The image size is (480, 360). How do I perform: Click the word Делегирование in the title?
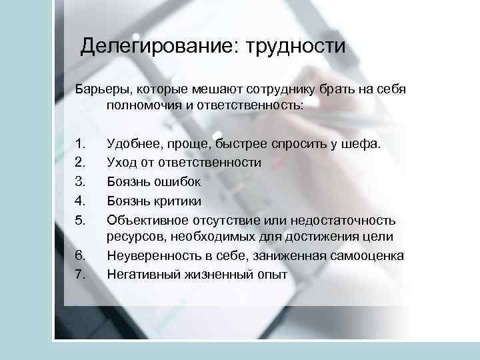click(161, 47)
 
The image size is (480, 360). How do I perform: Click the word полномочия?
click(139, 105)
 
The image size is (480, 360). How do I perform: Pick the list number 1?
click(81, 143)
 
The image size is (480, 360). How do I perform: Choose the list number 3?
click(81, 181)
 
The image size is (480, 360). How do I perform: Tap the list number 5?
click(81, 220)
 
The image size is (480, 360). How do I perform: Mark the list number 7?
click(81, 274)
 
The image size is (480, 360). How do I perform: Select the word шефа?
click(364, 143)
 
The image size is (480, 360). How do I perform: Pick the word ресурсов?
click(131, 236)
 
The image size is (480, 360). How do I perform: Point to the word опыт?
click(271, 274)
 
